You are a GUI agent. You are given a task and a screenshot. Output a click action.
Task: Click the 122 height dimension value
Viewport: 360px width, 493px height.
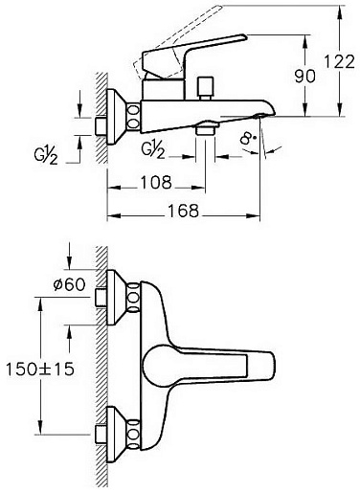pos(340,61)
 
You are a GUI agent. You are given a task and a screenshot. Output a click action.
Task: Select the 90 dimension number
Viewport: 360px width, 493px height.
pos(305,77)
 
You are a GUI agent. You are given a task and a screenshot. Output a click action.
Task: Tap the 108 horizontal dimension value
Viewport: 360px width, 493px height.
pos(156,183)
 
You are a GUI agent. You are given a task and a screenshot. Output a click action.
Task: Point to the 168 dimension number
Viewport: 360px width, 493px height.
pos(183,211)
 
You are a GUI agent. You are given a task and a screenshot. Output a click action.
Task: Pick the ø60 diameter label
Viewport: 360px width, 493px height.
pos(70,284)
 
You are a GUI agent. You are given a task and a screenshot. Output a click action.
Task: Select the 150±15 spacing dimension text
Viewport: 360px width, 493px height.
pos(40,370)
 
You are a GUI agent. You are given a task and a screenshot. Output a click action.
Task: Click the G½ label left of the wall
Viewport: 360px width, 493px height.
pos(46,156)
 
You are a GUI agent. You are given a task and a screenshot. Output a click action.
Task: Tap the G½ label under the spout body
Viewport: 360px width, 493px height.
pos(153,149)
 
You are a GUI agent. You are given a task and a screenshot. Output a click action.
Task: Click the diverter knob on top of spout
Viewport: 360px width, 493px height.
pos(205,88)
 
